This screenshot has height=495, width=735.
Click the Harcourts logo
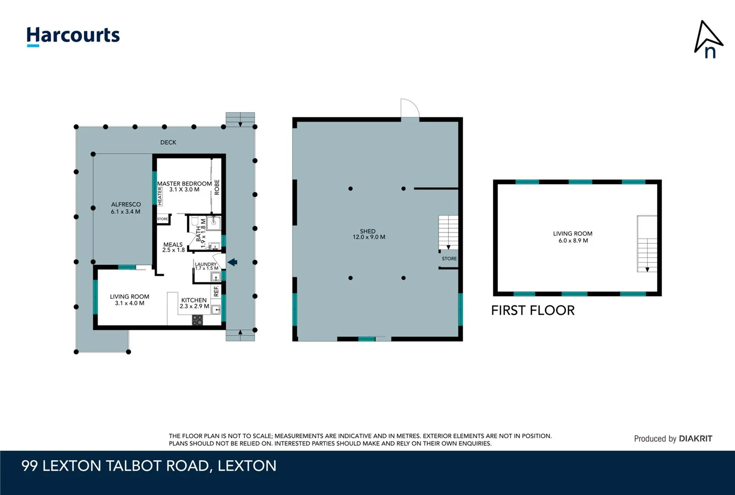(73, 36)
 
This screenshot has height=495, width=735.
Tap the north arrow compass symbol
(708, 39)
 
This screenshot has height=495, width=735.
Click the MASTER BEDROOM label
(184, 186)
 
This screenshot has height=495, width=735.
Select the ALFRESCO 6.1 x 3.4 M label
(126, 208)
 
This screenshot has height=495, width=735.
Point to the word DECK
(168, 143)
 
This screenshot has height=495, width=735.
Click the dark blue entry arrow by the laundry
(232, 262)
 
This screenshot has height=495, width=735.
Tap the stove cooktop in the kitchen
(197, 320)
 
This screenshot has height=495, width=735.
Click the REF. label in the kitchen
(216, 291)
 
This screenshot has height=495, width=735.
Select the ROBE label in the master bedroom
(217, 187)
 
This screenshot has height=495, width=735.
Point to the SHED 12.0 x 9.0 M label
(369, 234)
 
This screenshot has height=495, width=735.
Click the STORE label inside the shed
(449, 259)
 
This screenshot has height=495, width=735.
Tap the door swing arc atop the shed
(409, 108)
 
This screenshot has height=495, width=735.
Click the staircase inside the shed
(448, 232)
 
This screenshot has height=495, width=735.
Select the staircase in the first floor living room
(647, 244)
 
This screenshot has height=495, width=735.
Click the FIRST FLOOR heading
(533, 311)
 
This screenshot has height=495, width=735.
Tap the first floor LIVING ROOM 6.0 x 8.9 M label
(573, 237)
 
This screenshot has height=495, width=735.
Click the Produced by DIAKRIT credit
(673, 439)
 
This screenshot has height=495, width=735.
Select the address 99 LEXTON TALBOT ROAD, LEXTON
(149, 466)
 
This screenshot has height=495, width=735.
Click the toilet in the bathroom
(194, 222)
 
